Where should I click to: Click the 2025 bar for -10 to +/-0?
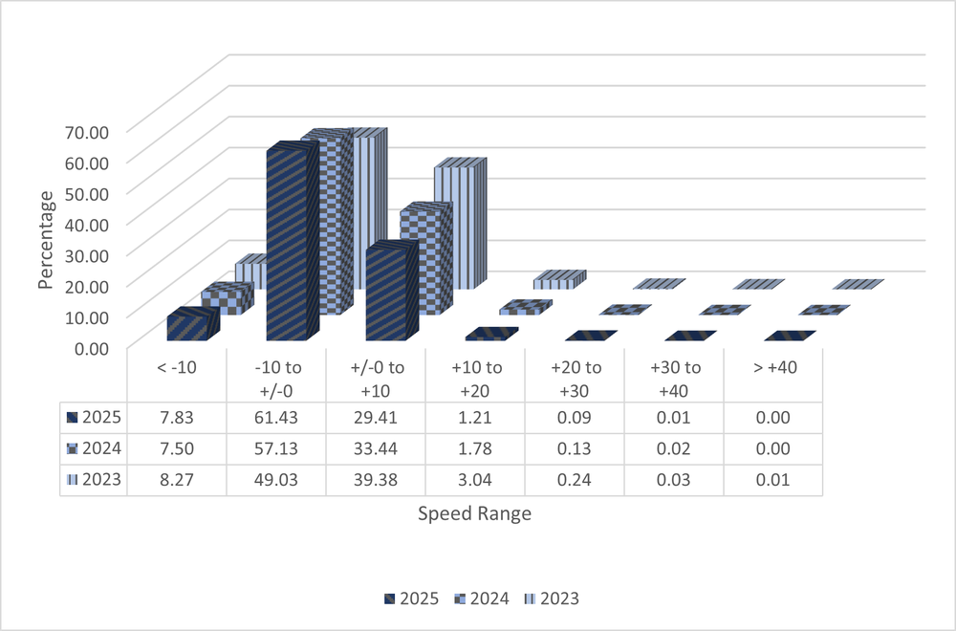287,244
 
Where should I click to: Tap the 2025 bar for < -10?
188,326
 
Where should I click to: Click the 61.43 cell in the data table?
275,417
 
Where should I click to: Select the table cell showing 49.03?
275,480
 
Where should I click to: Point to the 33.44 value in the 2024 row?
375,448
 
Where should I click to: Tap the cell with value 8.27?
176,480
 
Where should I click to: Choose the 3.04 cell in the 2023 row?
474,480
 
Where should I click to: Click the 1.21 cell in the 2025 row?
474,417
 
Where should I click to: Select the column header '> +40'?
772,367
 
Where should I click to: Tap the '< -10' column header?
176,367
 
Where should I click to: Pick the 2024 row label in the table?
95,448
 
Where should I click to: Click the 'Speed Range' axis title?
474,513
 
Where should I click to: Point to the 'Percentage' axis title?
46,239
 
